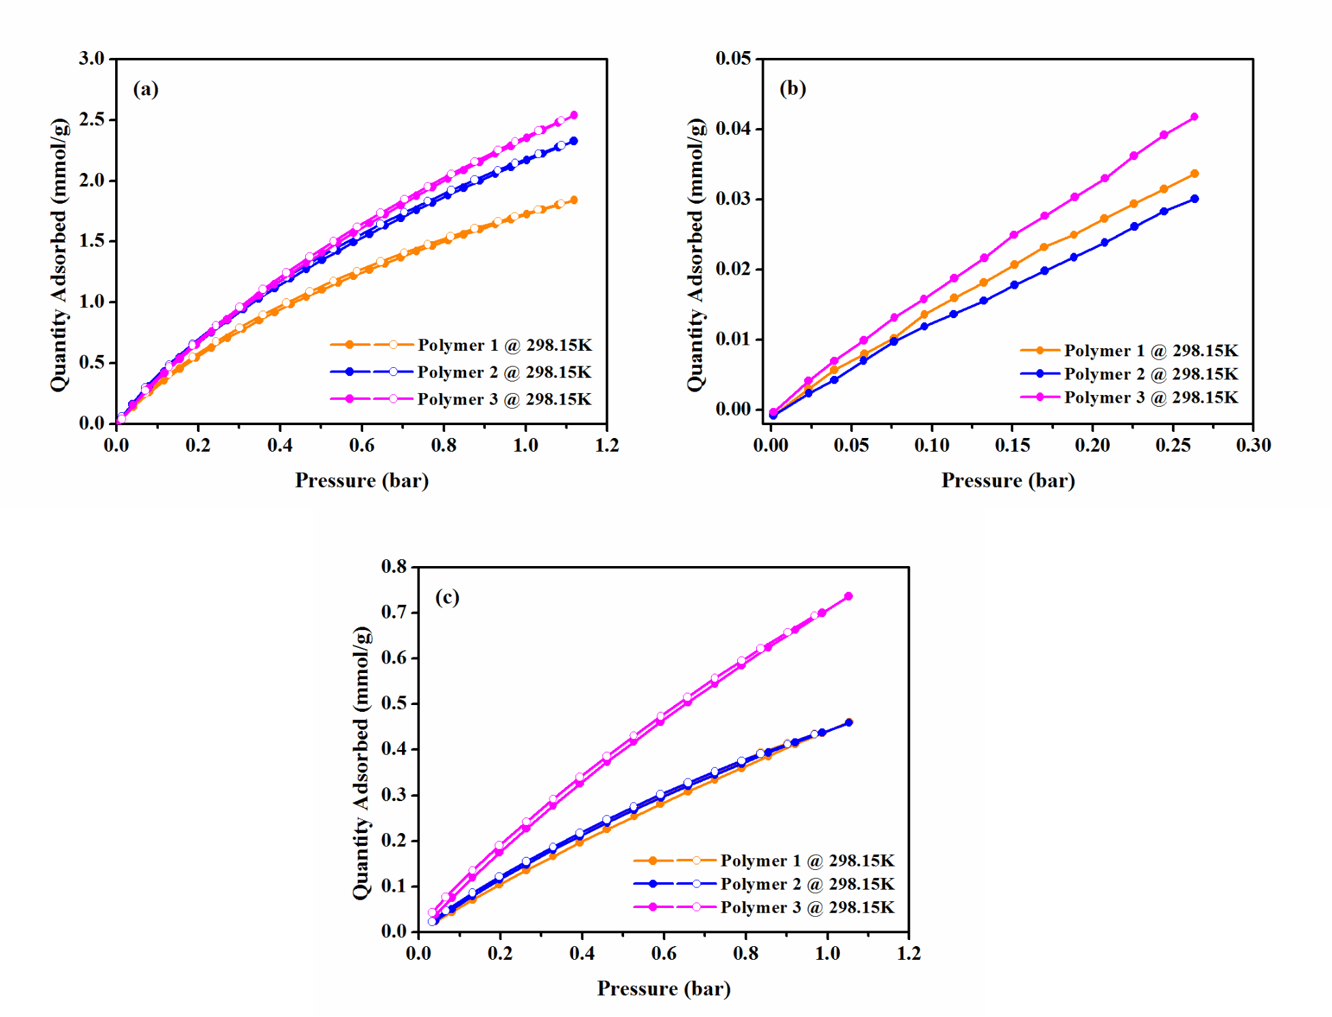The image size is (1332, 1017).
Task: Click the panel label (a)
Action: [x=146, y=89]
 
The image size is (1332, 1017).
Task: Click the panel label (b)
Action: [x=792, y=89]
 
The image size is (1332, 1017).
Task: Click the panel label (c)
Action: [x=447, y=597]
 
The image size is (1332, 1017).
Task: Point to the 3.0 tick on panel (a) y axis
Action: [x=92, y=59]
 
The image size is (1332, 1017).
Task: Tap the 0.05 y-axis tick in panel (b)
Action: [x=733, y=59]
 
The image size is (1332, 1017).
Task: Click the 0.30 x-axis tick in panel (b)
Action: [x=1253, y=445]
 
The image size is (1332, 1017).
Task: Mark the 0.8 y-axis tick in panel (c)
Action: [x=394, y=567]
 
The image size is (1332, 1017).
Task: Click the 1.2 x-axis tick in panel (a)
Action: [x=606, y=445]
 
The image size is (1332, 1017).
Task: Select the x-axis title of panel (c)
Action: [x=664, y=988]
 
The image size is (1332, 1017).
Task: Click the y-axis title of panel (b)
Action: [x=696, y=255]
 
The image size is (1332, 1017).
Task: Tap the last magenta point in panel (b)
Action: [x=1194, y=117]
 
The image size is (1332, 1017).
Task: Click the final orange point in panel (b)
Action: [x=1194, y=174]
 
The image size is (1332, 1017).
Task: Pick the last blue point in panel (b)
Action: [x=1194, y=199]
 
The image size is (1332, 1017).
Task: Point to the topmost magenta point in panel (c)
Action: [x=848, y=597]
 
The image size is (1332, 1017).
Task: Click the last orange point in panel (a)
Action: [x=574, y=200]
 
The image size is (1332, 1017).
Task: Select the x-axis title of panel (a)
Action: [x=362, y=481]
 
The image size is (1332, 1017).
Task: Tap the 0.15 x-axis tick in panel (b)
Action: [x=1012, y=445]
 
